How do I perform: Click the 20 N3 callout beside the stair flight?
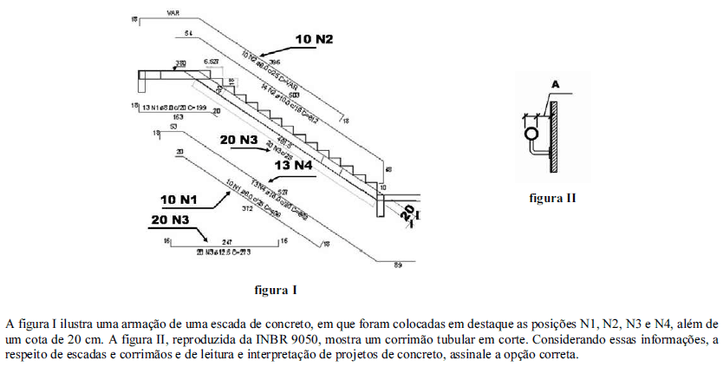point(238,139)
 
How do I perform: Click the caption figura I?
point(276,289)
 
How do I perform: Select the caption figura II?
point(552,198)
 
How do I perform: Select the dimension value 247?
point(228,240)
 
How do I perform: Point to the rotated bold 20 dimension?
point(409,213)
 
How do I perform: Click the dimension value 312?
point(246,208)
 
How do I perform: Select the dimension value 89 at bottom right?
point(398,264)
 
